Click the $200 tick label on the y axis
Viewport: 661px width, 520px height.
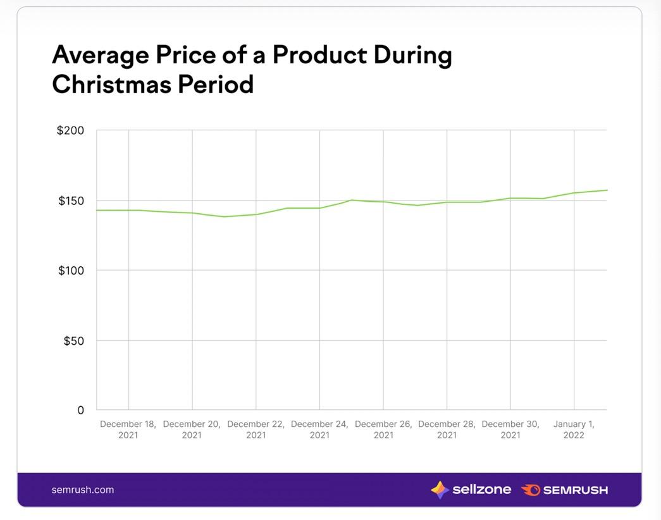tap(70, 131)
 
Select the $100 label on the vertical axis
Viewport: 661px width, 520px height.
tap(70, 271)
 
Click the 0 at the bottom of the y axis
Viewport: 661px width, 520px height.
tap(80, 411)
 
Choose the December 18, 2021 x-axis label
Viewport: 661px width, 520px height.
tap(128, 430)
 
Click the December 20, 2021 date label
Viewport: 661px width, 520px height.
tap(192, 430)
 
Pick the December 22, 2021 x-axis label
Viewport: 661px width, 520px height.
tap(256, 430)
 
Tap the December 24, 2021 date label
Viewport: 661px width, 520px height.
tap(319, 430)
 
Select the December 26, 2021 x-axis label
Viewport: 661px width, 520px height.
tap(383, 430)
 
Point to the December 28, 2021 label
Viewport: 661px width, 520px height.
tap(447, 430)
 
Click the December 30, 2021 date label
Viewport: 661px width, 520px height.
tap(510, 430)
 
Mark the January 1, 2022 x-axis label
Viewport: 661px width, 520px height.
tap(574, 430)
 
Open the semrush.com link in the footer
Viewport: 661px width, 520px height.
tap(83, 490)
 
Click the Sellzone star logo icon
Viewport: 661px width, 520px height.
tap(440, 490)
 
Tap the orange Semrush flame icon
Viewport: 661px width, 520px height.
tap(530, 490)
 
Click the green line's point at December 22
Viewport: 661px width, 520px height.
tap(256, 214)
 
